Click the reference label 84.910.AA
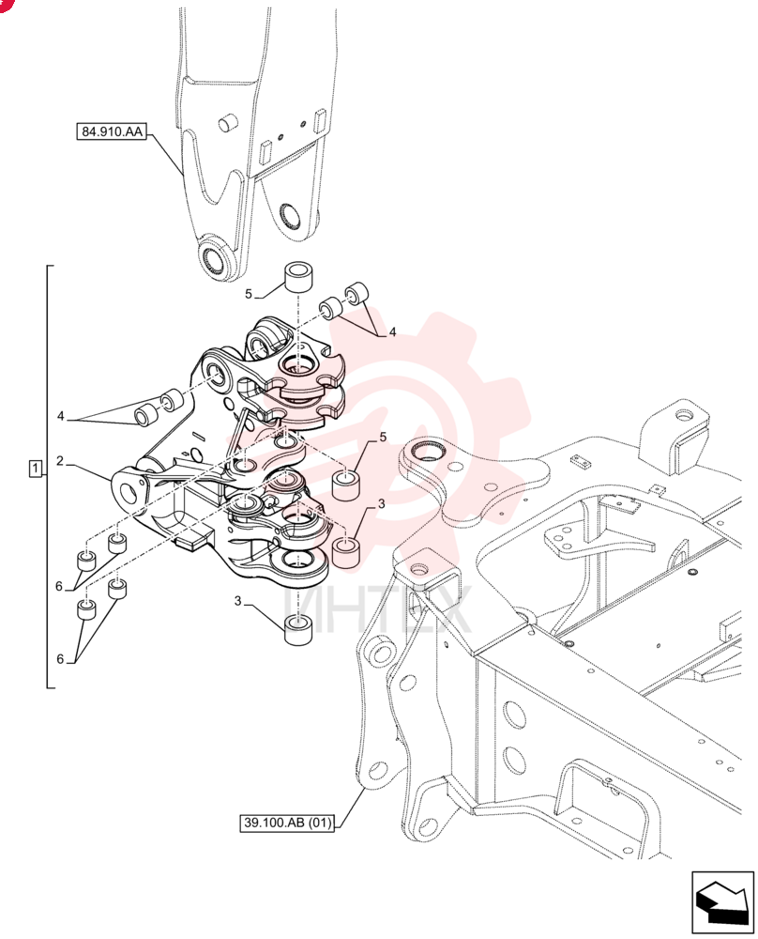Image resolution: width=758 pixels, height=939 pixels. (112, 131)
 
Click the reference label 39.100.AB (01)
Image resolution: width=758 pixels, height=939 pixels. (288, 823)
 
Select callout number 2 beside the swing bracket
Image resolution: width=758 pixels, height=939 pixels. (60, 460)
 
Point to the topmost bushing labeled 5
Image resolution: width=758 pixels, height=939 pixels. (300, 277)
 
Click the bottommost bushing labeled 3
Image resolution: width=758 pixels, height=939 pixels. (300, 629)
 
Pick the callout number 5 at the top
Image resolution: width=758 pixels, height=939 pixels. (249, 294)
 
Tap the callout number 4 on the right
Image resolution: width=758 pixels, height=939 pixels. (392, 331)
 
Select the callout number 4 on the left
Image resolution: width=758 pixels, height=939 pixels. (60, 416)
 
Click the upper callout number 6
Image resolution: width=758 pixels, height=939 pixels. (59, 586)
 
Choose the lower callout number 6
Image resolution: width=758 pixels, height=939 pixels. (60, 659)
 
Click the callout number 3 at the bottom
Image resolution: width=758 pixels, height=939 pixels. (237, 601)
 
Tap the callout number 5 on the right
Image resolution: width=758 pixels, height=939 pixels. (383, 438)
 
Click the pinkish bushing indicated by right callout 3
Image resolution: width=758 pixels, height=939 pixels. (346, 553)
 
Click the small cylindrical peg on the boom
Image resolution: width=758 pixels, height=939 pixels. (227, 124)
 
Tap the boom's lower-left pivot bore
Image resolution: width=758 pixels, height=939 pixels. (214, 258)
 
